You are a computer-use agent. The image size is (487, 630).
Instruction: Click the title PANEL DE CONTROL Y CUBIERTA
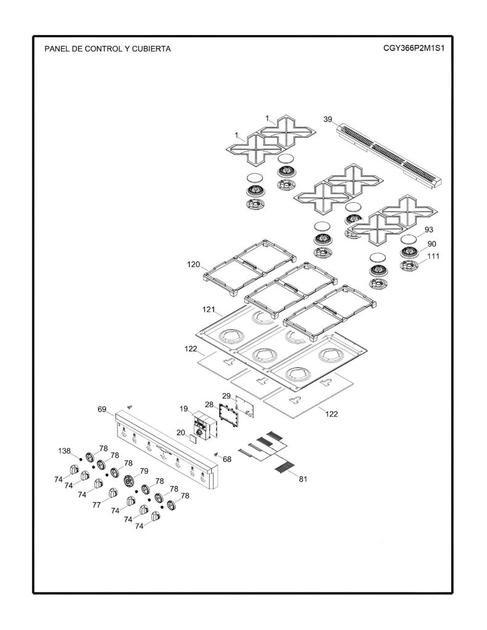click(107, 49)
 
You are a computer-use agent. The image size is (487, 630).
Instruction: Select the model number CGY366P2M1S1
click(414, 48)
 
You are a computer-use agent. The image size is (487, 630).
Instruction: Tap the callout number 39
click(328, 119)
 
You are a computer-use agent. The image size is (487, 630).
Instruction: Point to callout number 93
click(429, 230)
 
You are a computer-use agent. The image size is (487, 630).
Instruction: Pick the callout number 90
click(432, 244)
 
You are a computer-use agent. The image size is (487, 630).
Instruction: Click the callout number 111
click(433, 257)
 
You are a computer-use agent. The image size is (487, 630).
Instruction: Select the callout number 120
click(193, 265)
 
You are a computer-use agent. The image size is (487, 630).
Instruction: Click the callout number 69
click(102, 409)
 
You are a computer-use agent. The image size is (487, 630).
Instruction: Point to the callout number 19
click(183, 409)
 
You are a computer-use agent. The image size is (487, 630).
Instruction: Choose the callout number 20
click(180, 433)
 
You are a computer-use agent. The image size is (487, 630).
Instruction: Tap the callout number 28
click(209, 404)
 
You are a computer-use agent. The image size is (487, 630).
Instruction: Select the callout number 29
click(227, 396)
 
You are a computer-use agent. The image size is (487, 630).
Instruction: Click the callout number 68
click(227, 459)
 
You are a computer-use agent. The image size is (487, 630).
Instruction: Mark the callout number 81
click(303, 479)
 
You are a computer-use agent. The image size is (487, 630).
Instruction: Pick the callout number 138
click(65, 451)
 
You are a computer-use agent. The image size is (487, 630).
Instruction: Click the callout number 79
click(144, 471)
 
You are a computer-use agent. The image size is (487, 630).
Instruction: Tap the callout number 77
click(97, 505)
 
